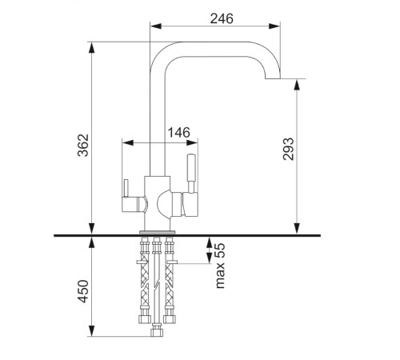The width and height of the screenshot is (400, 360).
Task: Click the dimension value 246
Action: [x=222, y=18]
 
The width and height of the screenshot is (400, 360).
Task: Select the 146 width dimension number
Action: [x=179, y=132]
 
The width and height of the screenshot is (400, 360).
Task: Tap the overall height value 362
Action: [x=83, y=145]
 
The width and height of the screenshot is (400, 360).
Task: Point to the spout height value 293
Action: [x=288, y=149]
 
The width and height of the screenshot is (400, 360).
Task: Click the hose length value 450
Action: [x=83, y=291]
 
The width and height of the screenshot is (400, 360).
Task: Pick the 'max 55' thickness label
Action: [x=220, y=266]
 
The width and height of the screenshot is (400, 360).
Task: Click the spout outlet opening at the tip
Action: [x=273, y=78]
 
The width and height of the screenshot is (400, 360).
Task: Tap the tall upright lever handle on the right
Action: [x=191, y=173]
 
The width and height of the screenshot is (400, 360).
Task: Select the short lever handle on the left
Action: [x=126, y=188]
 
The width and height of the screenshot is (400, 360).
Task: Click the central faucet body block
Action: [x=157, y=203]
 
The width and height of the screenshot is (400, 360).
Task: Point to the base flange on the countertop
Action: [x=158, y=232]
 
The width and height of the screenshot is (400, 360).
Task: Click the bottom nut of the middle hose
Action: [x=157, y=333]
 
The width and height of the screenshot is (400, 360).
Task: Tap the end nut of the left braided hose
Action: [x=145, y=319]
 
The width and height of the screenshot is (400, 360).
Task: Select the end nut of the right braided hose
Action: [x=170, y=319]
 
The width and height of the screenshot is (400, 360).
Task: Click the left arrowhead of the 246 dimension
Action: [x=156, y=26]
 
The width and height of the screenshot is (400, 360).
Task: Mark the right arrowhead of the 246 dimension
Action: [x=274, y=26]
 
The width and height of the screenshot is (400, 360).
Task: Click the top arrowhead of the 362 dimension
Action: [x=91, y=48]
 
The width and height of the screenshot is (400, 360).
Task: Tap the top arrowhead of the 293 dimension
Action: [x=297, y=85]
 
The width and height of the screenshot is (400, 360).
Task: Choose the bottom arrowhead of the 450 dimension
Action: [x=91, y=331]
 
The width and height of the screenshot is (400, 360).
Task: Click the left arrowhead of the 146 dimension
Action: [x=128, y=142]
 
